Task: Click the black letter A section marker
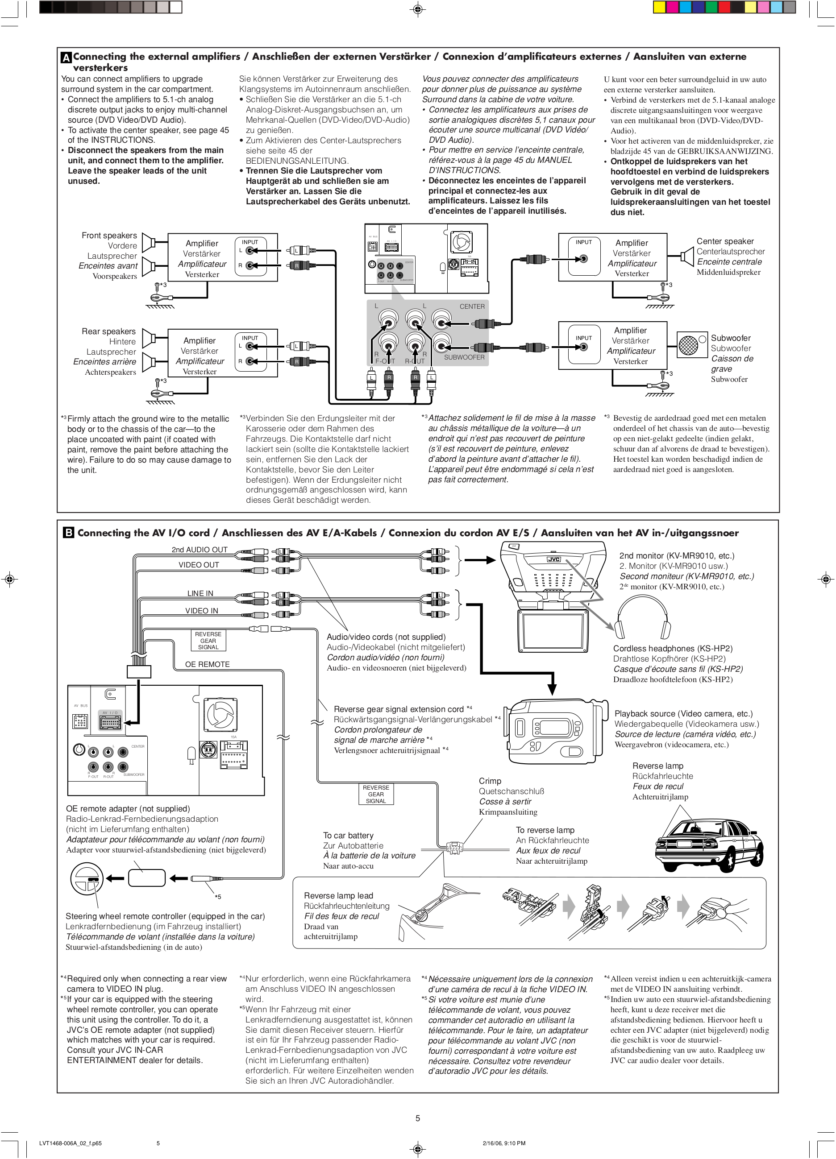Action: point(66,58)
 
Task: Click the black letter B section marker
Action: point(68,533)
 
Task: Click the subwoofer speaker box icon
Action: point(688,345)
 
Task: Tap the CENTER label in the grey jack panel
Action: point(471,306)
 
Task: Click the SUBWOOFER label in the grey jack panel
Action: point(464,357)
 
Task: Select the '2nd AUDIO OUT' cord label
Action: point(200,550)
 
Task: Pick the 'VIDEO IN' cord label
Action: point(201,611)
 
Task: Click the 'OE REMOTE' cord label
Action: point(207,664)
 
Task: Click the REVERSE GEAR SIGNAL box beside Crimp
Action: point(376,794)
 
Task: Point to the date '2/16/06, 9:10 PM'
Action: point(503,1143)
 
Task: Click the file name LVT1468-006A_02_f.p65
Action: point(70,1143)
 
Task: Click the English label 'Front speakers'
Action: point(109,236)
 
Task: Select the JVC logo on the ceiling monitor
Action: point(554,559)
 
